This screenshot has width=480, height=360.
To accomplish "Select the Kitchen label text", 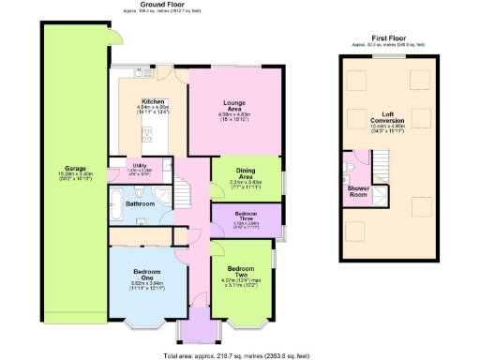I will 153,102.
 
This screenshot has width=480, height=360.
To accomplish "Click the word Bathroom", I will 141,202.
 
